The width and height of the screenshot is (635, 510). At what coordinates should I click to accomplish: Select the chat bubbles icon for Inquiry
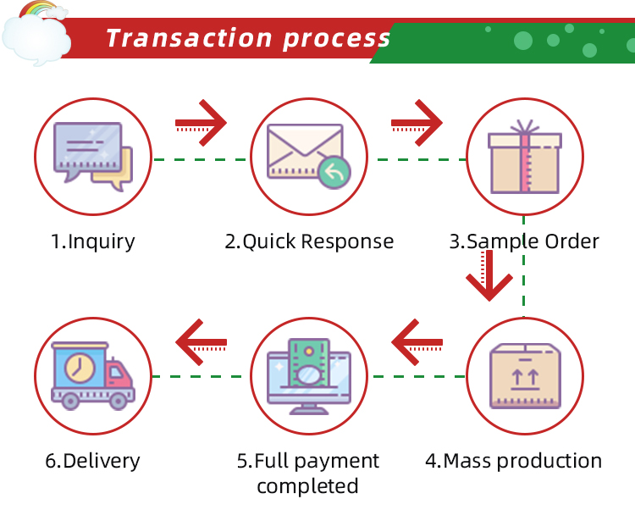[x=92, y=157]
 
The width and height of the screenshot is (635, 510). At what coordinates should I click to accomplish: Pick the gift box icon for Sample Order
[x=525, y=159]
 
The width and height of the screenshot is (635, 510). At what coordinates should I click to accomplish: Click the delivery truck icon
[x=92, y=374]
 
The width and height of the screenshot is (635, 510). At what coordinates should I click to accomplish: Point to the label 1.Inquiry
[x=92, y=241]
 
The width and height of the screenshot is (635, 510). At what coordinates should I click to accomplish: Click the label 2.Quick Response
[x=309, y=241]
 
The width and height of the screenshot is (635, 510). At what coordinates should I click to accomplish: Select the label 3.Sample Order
[x=524, y=241]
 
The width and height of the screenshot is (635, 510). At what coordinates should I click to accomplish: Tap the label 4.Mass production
[x=513, y=461]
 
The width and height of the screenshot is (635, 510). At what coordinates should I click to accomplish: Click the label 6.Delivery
[x=92, y=461]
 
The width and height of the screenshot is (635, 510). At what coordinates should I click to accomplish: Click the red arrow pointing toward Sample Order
[x=417, y=124]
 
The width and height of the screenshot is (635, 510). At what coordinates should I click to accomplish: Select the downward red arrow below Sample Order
[x=489, y=274]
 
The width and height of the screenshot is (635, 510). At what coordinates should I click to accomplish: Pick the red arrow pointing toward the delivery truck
[x=201, y=342]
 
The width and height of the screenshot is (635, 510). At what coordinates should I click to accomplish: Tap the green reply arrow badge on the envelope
[x=334, y=174]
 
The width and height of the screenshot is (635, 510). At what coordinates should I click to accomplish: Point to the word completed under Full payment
[x=307, y=486]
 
